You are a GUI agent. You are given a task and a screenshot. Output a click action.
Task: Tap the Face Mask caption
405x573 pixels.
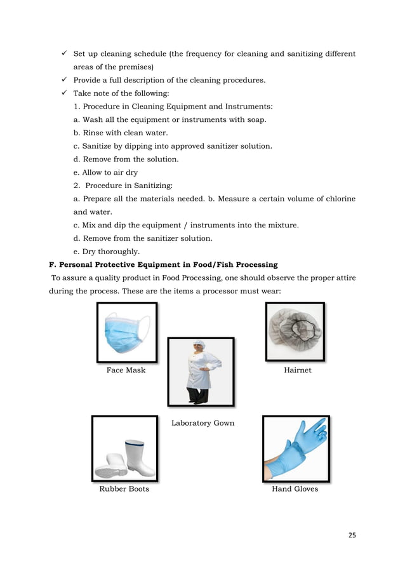point(126,370)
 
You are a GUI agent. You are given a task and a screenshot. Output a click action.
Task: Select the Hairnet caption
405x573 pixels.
point(297,370)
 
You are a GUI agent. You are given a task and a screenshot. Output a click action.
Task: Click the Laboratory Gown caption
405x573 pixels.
point(202,423)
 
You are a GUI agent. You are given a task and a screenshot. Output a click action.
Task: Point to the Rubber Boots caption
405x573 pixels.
point(124,489)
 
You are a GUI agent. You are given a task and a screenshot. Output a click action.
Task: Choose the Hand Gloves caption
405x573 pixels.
point(295,489)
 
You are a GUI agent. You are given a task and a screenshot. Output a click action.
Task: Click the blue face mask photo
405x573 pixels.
point(127,332)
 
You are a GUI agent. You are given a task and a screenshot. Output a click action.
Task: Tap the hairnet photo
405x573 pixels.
point(295,332)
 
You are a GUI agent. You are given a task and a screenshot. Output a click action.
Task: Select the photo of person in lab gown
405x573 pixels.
point(201,372)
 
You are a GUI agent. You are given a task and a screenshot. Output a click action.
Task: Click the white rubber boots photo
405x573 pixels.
point(124,448)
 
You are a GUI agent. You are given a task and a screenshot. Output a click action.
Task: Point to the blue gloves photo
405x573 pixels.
point(296,448)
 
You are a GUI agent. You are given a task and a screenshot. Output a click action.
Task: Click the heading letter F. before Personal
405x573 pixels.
point(53,265)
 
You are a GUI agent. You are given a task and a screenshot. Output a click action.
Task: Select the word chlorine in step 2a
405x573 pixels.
point(337,199)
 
